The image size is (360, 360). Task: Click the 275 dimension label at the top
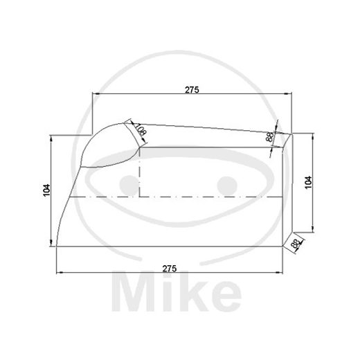tap(192, 89)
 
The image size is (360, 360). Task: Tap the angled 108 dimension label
tap(140, 129)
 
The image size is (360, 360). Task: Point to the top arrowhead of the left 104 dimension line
tap(51, 138)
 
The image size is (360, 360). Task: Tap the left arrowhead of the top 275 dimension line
tap(98, 95)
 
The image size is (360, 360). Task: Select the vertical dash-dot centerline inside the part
tap(141, 173)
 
